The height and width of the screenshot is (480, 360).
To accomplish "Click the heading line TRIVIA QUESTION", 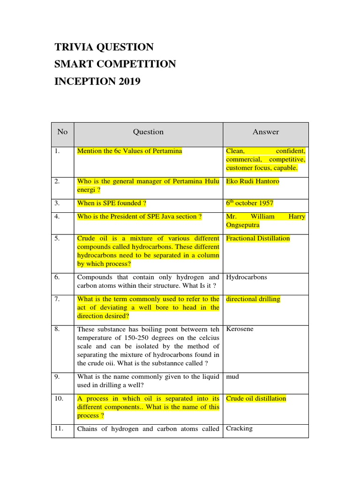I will [104, 47].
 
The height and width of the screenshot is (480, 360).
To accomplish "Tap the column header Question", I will [148, 132].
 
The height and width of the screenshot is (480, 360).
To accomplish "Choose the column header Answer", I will [266, 132].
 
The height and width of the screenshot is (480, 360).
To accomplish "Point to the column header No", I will [62, 132].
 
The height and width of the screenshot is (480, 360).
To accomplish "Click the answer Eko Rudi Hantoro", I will [252, 181].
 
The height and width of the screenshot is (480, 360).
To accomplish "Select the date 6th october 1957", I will [249, 203].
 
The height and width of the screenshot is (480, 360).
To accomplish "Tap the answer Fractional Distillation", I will [258, 238].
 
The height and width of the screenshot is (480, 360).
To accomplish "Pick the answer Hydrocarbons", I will [247, 277].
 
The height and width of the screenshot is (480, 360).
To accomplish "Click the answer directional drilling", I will [253, 299].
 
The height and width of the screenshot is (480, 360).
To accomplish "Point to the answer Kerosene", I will [240, 329].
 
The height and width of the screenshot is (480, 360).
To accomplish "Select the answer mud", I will [232, 376].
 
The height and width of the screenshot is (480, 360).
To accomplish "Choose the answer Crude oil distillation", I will [256, 398].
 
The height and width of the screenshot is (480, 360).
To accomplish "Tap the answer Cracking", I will [239, 428].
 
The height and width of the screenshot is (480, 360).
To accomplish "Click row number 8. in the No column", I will [57, 329].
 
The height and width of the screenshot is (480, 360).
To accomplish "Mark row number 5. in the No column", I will [57, 238].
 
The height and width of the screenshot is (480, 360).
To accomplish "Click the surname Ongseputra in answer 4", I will [243, 225].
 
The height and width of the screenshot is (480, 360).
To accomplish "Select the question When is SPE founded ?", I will [112, 203].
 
